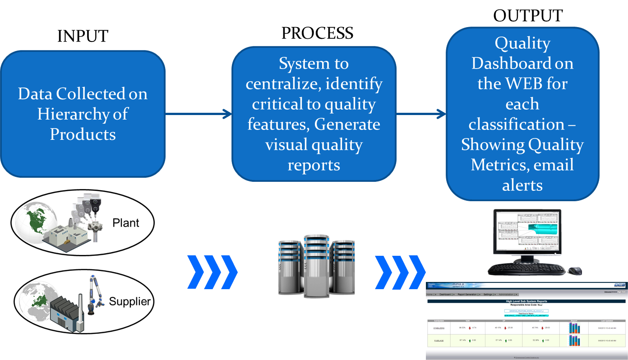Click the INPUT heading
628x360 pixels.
pyautogui.click(x=83, y=37)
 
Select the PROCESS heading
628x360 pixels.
pyautogui.click(x=317, y=33)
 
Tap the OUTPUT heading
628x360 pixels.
pyautogui.click(x=527, y=16)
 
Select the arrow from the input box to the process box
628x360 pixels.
pyautogui.click(x=199, y=115)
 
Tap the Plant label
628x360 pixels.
pyautogui.click(x=126, y=223)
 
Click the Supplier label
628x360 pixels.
pyautogui.click(x=129, y=301)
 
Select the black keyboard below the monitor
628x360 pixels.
pyautogui.click(x=526, y=270)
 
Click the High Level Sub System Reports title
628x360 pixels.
pyautogui.click(x=526, y=300)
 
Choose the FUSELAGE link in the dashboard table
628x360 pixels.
pyautogui.click(x=439, y=341)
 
